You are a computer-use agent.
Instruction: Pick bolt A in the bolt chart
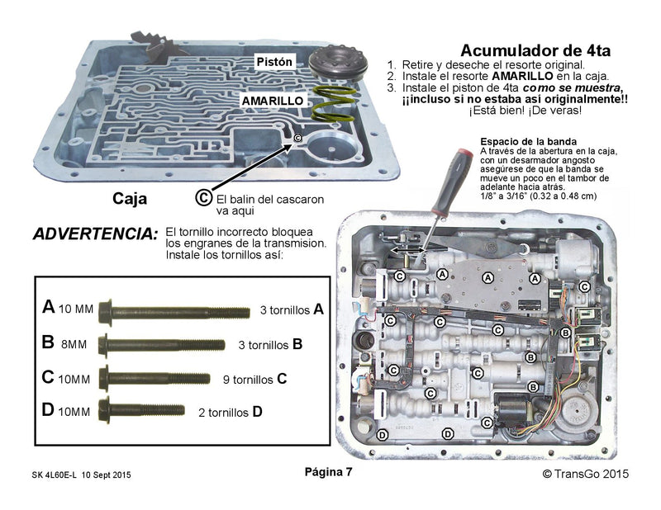(x=174, y=312)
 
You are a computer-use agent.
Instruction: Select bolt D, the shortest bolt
(x=141, y=407)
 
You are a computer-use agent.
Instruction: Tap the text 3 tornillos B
(x=270, y=344)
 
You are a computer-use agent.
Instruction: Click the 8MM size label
(x=76, y=344)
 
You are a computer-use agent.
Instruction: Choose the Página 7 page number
(x=329, y=473)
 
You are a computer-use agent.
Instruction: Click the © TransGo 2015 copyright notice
(x=585, y=474)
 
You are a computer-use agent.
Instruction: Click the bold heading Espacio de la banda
(x=530, y=141)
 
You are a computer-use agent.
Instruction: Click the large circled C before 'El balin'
(x=202, y=197)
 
